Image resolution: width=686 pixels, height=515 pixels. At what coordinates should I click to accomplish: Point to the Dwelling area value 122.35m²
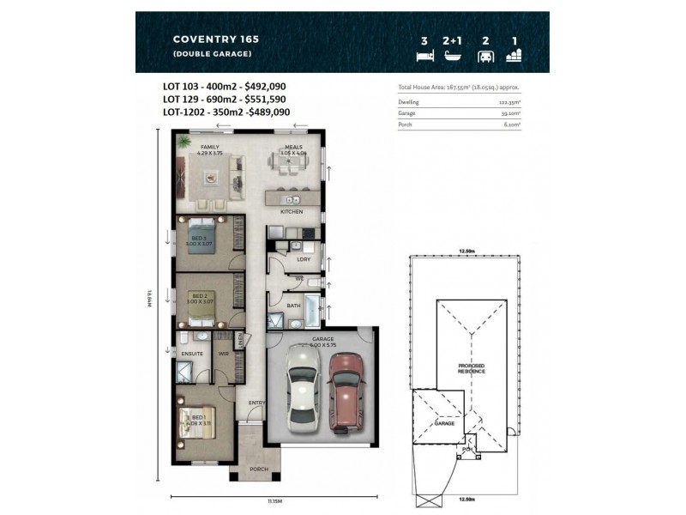pyautogui.click(x=509, y=102)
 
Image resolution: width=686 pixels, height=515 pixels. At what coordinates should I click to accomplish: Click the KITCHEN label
pyautogui.click(x=292, y=210)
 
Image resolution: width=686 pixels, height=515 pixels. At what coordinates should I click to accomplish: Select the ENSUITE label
pyautogui.click(x=191, y=353)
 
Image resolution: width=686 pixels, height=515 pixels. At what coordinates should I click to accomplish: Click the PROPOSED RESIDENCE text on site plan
pyautogui.click(x=471, y=368)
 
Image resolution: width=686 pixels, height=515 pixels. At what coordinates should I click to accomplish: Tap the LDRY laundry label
pyautogui.click(x=304, y=258)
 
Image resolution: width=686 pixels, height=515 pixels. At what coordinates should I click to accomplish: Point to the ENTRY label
pyautogui.click(x=256, y=403)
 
